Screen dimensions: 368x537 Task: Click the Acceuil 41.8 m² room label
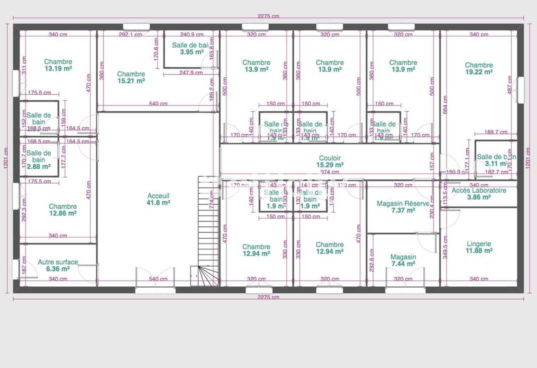pyautogui.click(x=158, y=199)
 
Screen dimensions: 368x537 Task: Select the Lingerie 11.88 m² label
pyautogui.click(x=479, y=247)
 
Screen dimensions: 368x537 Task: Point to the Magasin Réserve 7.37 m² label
pyautogui.click(x=403, y=207)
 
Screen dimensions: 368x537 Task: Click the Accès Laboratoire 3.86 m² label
pyautogui.click(x=478, y=194)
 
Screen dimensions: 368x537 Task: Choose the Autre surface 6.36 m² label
pyautogui.click(x=58, y=265)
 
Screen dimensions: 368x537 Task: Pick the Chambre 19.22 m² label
pyautogui.click(x=479, y=68)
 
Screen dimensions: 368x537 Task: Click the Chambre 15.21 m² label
pyautogui.click(x=131, y=77)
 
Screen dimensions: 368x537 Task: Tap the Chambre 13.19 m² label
pyautogui.click(x=58, y=65)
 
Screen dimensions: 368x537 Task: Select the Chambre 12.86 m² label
pyautogui.click(x=62, y=209)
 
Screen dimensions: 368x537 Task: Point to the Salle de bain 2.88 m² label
pyautogui.click(x=39, y=160)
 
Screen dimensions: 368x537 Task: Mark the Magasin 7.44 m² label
pyautogui.click(x=403, y=260)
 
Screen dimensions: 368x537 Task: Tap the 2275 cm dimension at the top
pyautogui.click(x=268, y=16)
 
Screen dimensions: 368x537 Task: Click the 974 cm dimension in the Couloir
pyautogui.click(x=330, y=172)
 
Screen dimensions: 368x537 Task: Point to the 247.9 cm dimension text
pyautogui.click(x=191, y=73)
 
